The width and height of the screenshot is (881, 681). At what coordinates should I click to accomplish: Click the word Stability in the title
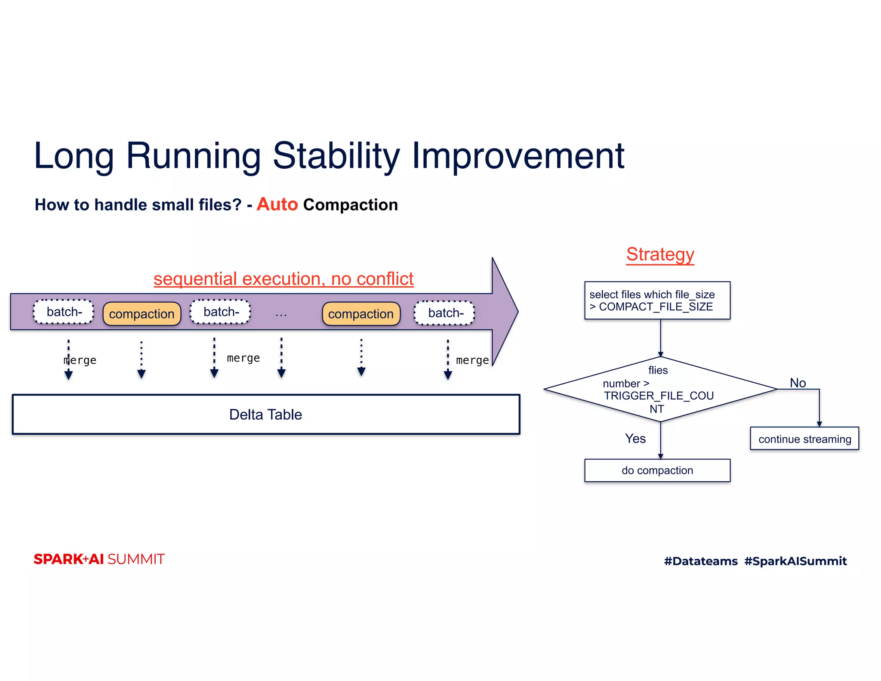336,156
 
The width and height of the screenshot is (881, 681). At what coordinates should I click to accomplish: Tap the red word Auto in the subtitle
277,204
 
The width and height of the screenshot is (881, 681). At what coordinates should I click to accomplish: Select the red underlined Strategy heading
660,254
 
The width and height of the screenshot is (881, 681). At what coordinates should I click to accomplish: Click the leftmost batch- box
64,312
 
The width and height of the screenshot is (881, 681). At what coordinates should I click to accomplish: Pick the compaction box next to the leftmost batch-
142,314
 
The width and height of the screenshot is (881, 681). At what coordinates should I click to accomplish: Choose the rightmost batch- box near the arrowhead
444,313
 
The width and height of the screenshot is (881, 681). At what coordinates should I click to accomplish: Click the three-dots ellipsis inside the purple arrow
281,315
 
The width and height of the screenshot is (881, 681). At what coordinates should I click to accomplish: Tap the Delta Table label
265,415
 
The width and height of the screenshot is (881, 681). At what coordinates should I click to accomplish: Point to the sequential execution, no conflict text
283,279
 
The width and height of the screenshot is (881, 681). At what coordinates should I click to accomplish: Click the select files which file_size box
657,300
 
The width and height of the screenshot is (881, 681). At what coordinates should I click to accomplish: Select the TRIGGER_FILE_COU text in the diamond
659,396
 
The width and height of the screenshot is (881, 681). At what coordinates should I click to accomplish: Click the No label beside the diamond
798,383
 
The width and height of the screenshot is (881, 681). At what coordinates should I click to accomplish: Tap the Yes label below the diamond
635,439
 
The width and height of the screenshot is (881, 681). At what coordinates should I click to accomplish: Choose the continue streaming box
804,439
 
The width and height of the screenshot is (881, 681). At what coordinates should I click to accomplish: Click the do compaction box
657,471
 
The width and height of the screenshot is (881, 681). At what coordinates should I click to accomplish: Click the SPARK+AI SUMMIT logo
99,559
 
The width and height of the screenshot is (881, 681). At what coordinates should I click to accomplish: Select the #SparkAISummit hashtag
795,561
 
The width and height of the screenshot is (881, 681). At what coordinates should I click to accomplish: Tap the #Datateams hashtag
700,561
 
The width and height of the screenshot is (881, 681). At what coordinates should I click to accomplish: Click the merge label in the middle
243,358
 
